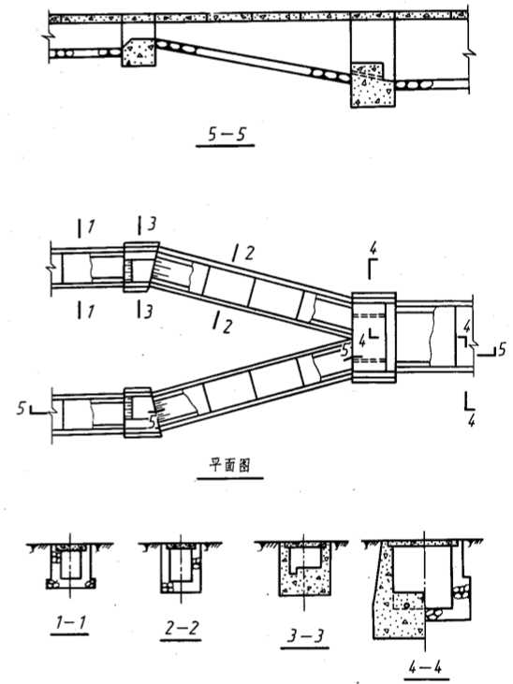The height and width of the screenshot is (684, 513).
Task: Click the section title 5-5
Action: tap(226, 134)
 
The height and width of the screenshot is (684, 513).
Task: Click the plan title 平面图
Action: tap(229, 465)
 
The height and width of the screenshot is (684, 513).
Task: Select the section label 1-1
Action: tap(70, 622)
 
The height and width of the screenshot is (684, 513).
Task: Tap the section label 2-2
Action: tap(182, 628)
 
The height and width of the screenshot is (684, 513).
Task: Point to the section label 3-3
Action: tap(305, 636)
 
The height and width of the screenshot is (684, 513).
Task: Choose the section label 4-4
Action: tap(425, 667)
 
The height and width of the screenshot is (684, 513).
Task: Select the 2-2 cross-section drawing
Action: tap(181, 568)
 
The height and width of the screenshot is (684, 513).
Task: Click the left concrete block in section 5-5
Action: tap(138, 52)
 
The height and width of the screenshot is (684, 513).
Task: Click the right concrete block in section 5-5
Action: tap(374, 84)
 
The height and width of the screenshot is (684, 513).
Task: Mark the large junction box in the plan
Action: tap(374, 338)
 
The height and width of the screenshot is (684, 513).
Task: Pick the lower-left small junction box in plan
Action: tap(141, 412)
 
